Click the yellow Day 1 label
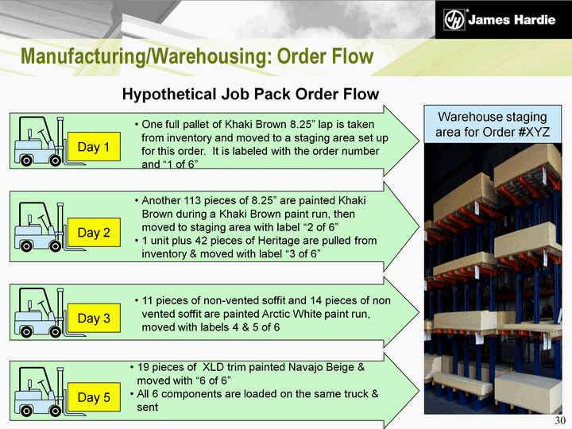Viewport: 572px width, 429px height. pos(94,147)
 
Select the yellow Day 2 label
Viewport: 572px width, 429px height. pos(94,232)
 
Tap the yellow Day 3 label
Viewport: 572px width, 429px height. pos(94,318)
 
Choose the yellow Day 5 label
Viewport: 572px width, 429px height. pos(94,397)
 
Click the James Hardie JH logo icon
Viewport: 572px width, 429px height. pos(454,20)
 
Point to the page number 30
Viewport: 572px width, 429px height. pos(560,420)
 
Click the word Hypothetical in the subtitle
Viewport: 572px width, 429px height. pos(169,94)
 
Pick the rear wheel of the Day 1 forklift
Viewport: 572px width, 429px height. pos(26,160)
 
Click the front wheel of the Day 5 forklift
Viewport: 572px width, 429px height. pos(56,412)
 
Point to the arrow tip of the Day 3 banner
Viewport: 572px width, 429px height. pos(419,312)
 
